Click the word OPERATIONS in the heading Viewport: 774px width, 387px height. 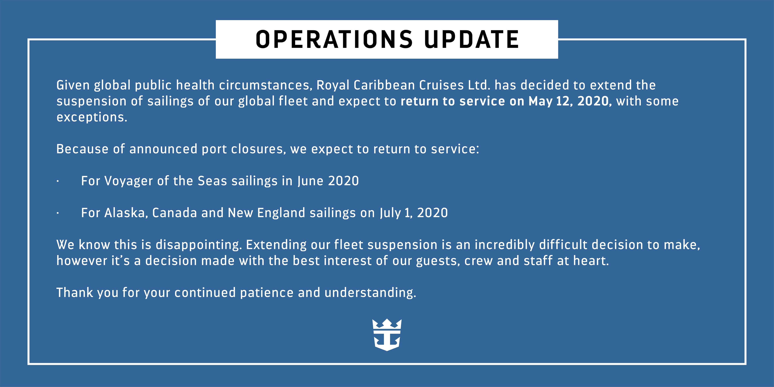334,39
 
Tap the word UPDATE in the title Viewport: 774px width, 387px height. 471,39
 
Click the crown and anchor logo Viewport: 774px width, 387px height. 387,335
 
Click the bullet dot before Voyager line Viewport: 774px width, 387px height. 57,181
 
